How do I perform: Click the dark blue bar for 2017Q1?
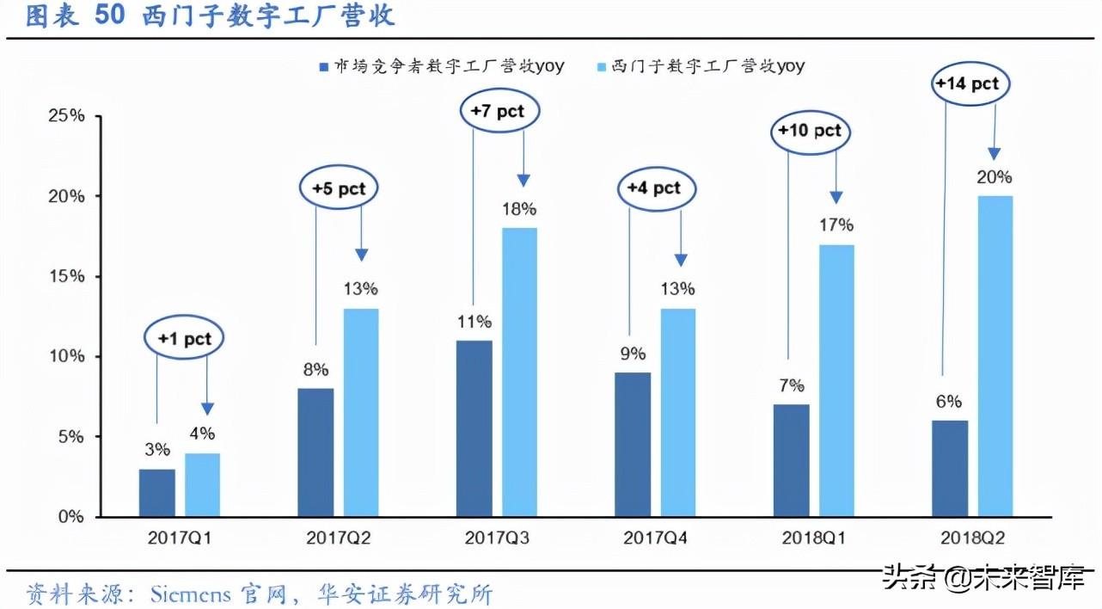coord(156,493)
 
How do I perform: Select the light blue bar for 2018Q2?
coord(995,356)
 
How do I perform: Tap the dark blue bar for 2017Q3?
coord(474,428)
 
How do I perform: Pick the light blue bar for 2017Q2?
coord(361,412)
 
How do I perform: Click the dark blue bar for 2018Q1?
coord(791,460)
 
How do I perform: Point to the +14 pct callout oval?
coord(968,84)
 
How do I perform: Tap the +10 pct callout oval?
coord(809,132)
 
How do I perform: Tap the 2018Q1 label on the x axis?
coord(813,539)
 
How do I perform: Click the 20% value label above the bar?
coord(994,178)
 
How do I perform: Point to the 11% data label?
coord(474,322)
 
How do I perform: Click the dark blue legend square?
coord(323,67)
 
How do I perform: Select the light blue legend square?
coord(601,67)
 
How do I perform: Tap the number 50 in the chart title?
coord(110,17)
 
